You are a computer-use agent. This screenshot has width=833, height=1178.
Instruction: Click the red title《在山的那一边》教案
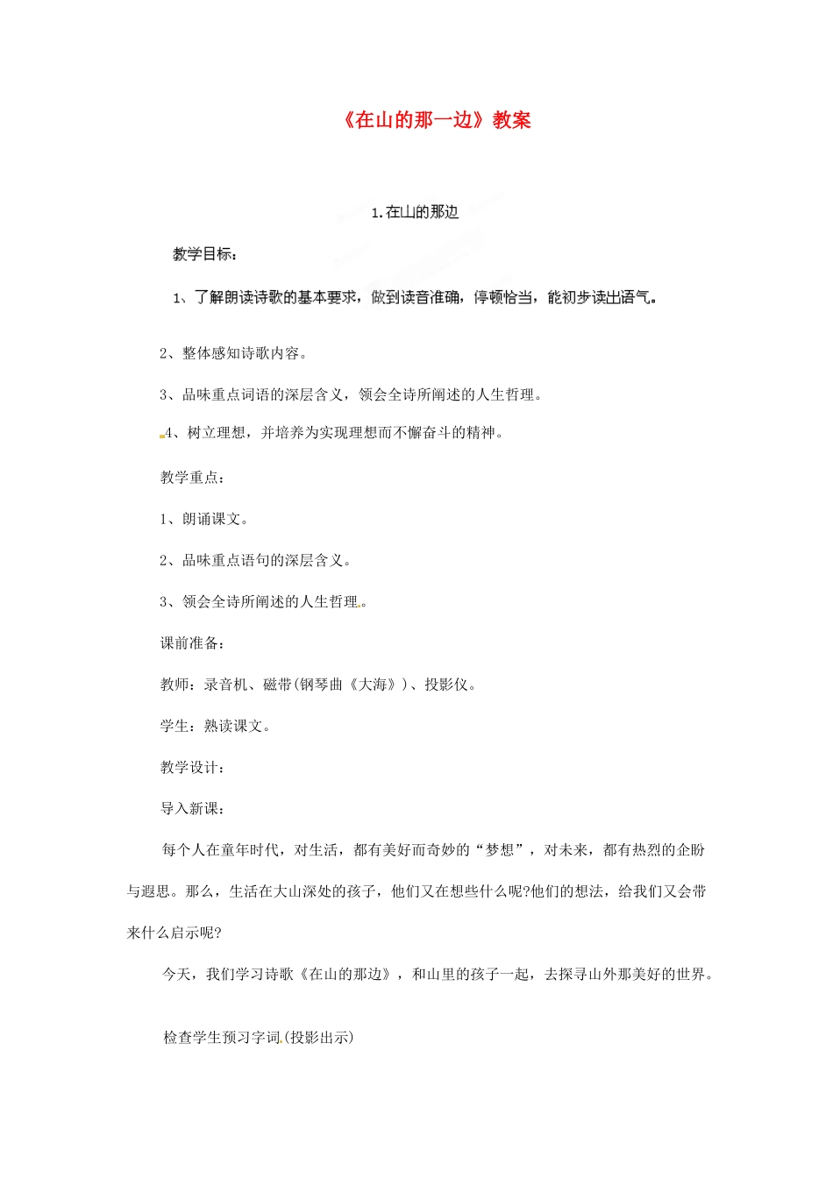437,120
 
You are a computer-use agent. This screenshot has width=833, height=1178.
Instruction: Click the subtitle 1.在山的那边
415,212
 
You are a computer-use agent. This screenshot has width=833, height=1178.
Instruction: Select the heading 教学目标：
205,254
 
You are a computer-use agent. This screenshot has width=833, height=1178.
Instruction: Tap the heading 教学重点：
193,478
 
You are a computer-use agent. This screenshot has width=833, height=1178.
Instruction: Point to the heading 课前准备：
193,643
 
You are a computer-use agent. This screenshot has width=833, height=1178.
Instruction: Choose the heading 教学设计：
193,768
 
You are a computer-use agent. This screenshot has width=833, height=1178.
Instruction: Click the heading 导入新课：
193,809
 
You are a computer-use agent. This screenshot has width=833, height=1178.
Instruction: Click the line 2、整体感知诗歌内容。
233,353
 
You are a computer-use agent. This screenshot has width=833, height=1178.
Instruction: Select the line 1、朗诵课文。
204,519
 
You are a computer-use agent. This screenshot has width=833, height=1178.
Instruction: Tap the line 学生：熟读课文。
215,726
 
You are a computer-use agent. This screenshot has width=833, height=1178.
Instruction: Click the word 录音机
225,685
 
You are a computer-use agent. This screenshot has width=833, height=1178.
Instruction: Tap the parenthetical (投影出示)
319,1038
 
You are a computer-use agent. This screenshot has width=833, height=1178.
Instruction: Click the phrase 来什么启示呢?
174,933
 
